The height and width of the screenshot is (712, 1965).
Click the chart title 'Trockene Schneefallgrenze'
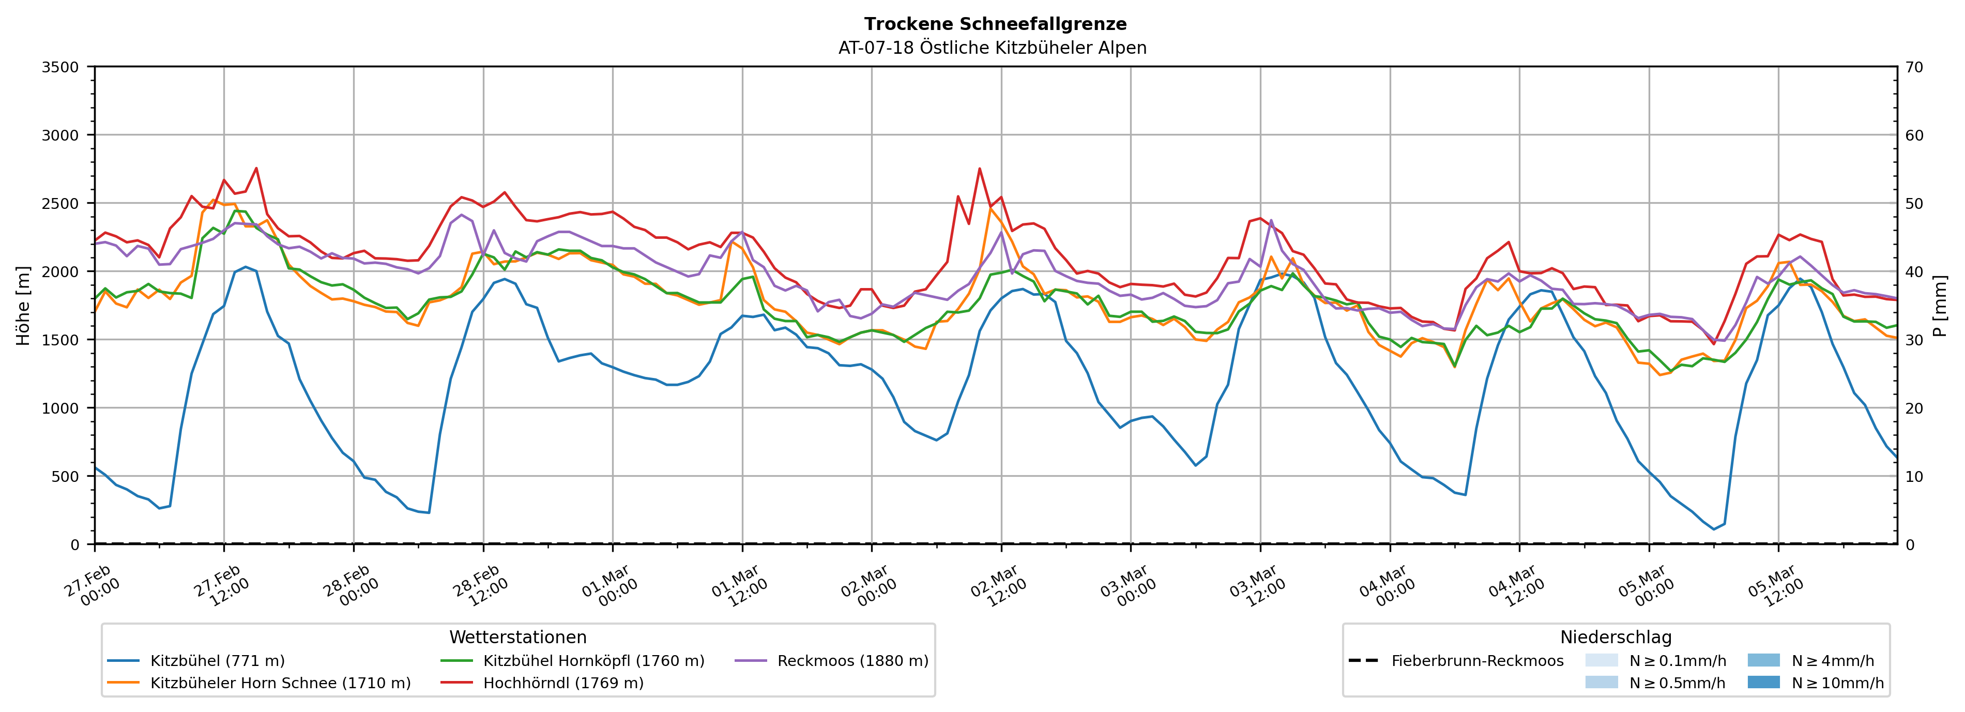995,24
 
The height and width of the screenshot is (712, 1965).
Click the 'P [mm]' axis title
1940,305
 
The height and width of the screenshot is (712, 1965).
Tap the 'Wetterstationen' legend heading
518,637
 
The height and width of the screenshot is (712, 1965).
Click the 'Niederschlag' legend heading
1616,637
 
